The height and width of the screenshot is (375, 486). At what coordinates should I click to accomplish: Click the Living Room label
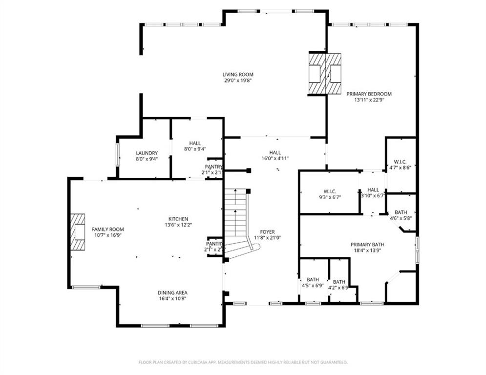click(x=238, y=75)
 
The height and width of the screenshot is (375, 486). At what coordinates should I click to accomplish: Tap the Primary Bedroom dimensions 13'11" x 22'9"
click(x=369, y=100)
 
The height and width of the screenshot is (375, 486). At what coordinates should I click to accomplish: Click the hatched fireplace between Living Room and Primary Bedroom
click(x=324, y=73)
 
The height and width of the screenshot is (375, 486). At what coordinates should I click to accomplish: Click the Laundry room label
click(x=147, y=153)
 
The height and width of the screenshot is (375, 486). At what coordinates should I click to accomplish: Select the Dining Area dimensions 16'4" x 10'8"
click(x=172, y=298)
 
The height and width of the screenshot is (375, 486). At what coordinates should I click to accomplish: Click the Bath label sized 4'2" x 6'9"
click(x=339, y=282)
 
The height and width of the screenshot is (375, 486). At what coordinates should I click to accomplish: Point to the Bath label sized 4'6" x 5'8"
click(x=401, y=212)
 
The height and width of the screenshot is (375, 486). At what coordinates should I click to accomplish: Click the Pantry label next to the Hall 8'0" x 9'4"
click(x=213, y=167)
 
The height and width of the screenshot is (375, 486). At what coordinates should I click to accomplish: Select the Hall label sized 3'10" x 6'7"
click(x=373, y=189)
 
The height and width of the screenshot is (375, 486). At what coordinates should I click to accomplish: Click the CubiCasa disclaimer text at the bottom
click(x=243, y=362)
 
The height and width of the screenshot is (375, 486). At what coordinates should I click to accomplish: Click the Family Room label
click(x=107, y=229)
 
